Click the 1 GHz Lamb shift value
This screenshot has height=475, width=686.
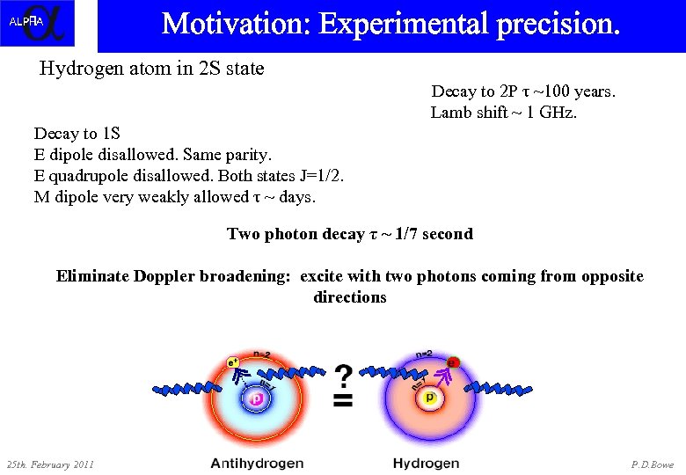tap(551, 113)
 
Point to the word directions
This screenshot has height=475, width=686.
tap(350, 297)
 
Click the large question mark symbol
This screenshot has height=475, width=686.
tap(344, 376)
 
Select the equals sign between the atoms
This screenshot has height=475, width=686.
tap(344, 401)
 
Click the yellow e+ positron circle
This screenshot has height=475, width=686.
tap(234, 361)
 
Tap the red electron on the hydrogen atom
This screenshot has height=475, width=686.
tap(453, 362)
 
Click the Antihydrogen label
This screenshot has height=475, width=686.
tap(257, 463)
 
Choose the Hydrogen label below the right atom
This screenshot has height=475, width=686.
tap(426, 463)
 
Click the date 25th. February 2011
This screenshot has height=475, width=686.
tap(50, 464)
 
